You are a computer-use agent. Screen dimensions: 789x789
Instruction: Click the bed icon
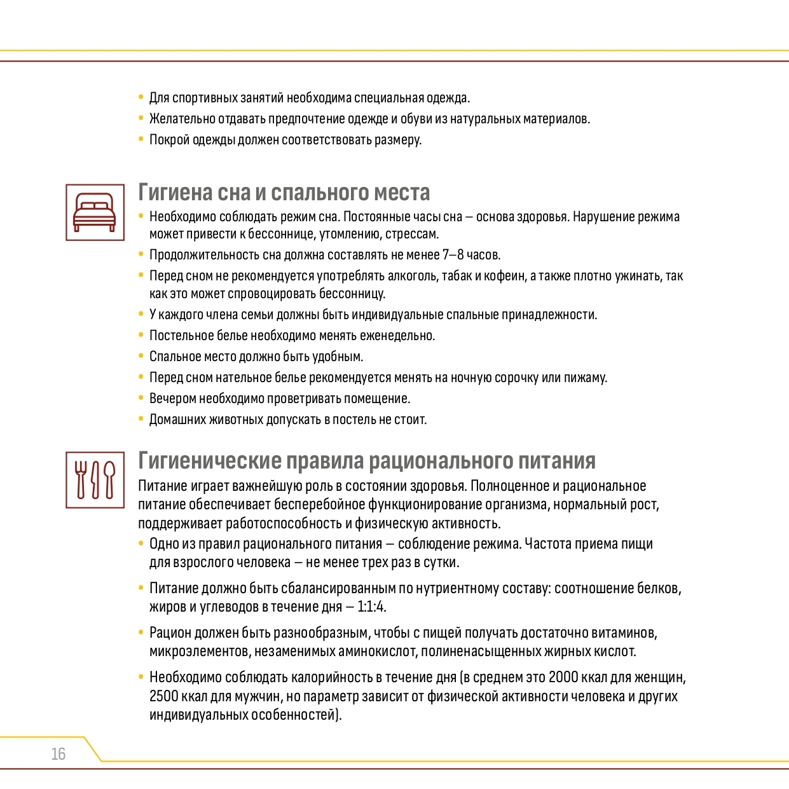coord(95,212)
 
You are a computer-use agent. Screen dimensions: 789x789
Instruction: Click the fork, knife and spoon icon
coord(95,479)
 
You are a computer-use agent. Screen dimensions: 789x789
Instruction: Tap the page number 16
coord(58,754)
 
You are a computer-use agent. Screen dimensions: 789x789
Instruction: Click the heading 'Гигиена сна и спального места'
coord(284,192)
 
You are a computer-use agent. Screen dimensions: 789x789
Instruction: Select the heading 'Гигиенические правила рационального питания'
coord(367,460)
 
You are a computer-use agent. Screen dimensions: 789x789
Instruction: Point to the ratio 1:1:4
coord(371,607)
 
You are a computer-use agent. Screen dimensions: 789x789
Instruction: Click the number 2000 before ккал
coord(563,677)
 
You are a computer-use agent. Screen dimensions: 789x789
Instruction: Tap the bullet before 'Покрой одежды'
coord(141,139)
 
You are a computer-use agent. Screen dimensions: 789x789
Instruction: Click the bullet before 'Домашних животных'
coord(141,419)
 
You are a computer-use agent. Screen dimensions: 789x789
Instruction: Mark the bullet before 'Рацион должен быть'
coord(141,632)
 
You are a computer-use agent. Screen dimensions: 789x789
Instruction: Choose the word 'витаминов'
coord(624,633)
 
